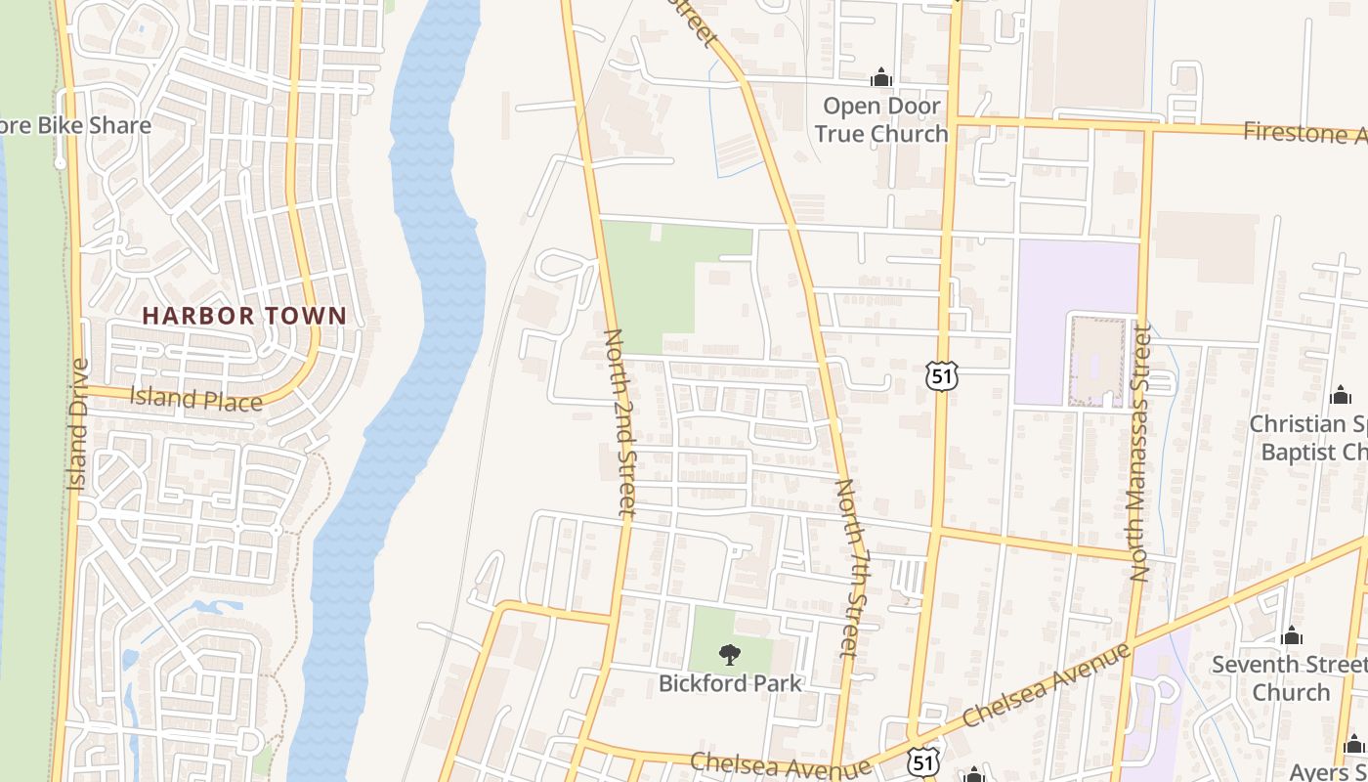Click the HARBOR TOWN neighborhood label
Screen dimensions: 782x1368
[244, 316]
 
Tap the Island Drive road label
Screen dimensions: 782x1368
[78, 424]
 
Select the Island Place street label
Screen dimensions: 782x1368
[195, 399]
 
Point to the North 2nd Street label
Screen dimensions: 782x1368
[620, 421]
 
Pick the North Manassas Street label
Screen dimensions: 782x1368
[1140, 455]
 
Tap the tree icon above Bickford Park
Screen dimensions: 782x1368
[729, 655]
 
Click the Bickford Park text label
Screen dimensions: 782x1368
[730, 683]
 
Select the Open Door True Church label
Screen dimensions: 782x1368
[881, 119]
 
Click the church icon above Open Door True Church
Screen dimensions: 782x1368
[881, 76]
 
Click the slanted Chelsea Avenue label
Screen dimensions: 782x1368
[1046, 684]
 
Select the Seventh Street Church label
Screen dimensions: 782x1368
[1290, 677]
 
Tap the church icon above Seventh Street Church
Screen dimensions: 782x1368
[1292, 635]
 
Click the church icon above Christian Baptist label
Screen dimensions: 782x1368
[1341, 395]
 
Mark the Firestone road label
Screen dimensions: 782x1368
[1304, 133]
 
